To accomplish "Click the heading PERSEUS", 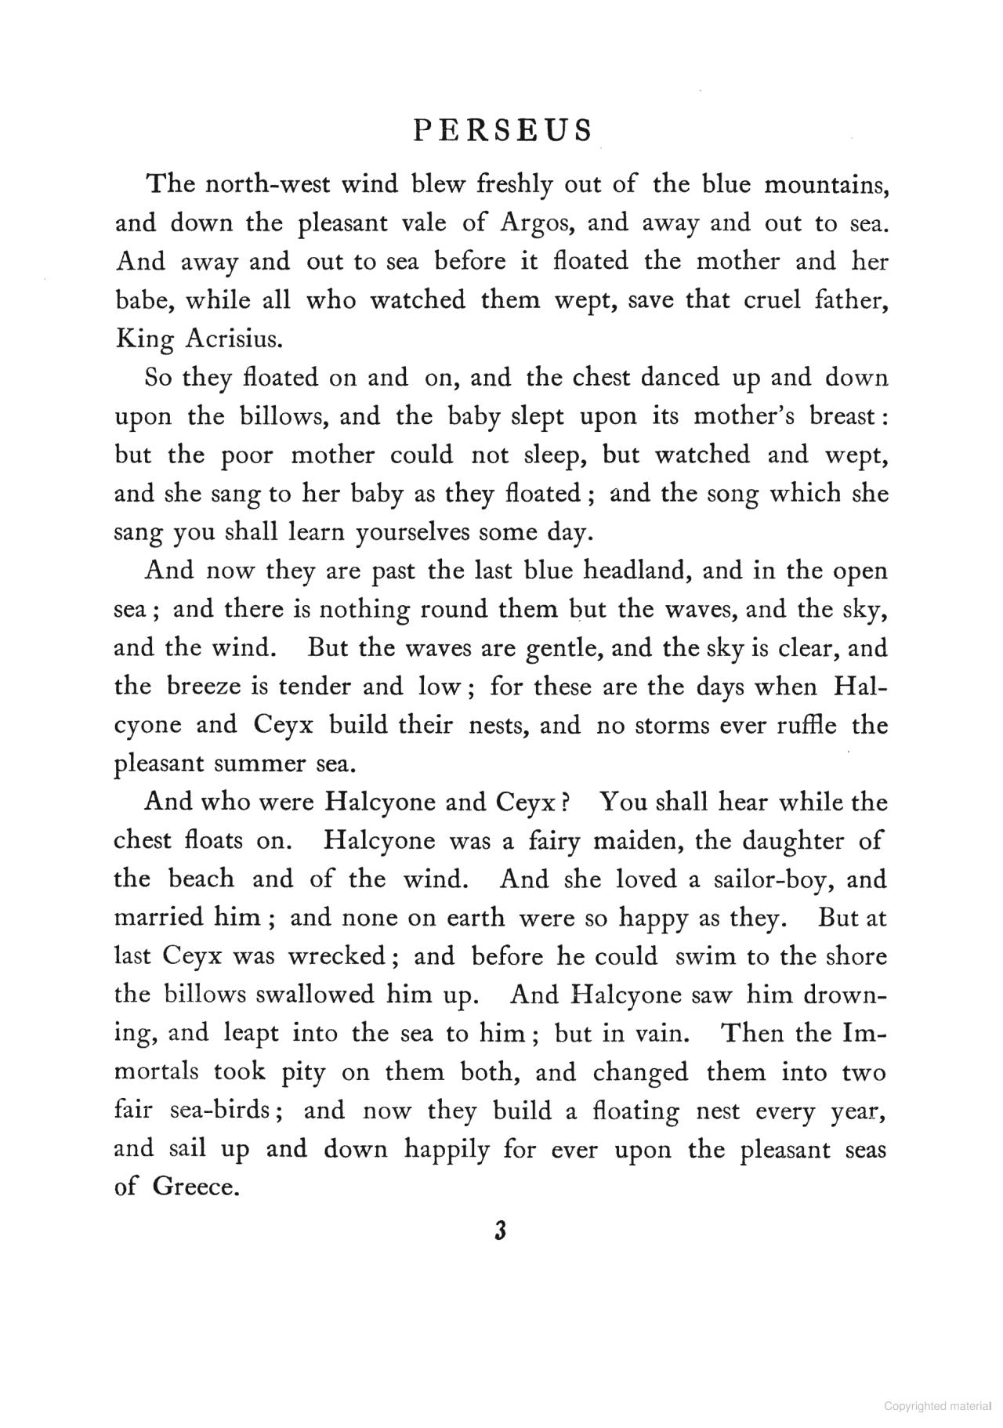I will tap(502, 130).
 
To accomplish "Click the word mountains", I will tap(826, 185).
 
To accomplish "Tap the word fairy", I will tap(553, 841).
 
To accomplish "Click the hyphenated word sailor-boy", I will tap(770, 879).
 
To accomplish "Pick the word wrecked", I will tap(336, 957).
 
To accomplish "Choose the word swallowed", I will tap(313, 995).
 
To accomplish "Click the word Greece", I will tap(195, 1187).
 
